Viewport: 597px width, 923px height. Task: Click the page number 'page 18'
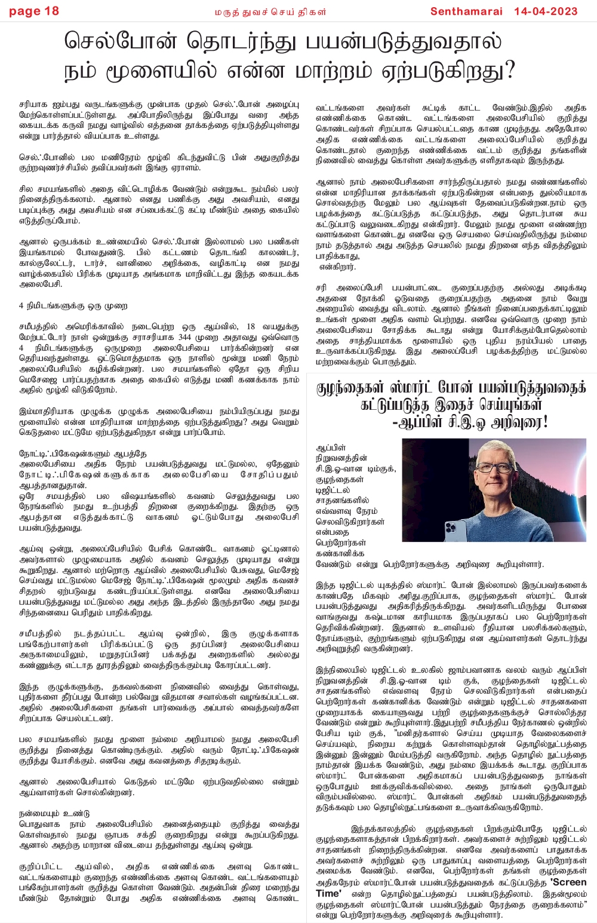[34, 11]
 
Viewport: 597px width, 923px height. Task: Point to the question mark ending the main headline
[509, 71]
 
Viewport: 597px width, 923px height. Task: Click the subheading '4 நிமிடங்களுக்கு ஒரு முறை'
[73, 306]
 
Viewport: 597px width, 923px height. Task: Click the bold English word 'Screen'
[568, 882]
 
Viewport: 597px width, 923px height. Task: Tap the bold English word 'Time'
[328, 893]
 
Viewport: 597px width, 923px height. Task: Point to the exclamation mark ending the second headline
[544, 423]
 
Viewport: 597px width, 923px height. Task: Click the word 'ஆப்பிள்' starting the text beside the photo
[331, 447]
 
